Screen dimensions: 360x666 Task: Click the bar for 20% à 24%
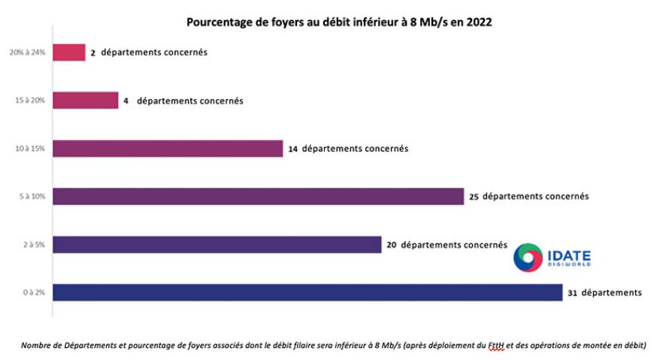pyautogui.click(x=68, y=52)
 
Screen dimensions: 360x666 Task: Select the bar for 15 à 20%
pyautogui.click(x=85, y=100)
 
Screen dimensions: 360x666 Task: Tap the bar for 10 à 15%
pyautogui.click(x=167, y=149)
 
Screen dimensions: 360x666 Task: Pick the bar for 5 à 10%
pyautogui.click(x=258, y=196)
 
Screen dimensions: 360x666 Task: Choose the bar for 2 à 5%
pyautogui.click(x=217, y=244)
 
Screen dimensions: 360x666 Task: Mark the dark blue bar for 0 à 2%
pyautogui.click(x=307, y=292)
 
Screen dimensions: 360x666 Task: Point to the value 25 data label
pyautogui.click(x=474, y=197)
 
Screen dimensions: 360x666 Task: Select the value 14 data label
pyautogui.click(x=292, y=149)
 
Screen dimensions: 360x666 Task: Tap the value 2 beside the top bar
pyautogui.click(x=92, y=53)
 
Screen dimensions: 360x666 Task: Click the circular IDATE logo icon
pyautogui.click(x=528, y=257)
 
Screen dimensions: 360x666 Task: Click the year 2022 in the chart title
pyautogui.click(x=477, y=23)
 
